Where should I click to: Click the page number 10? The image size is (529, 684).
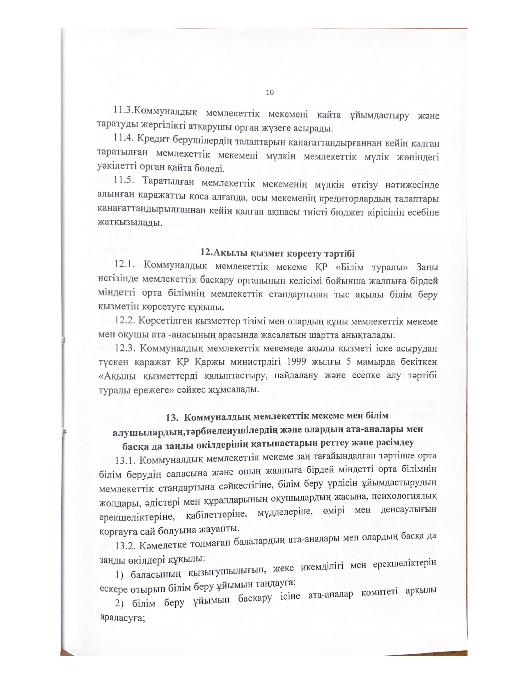click(x=269, y=92)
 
